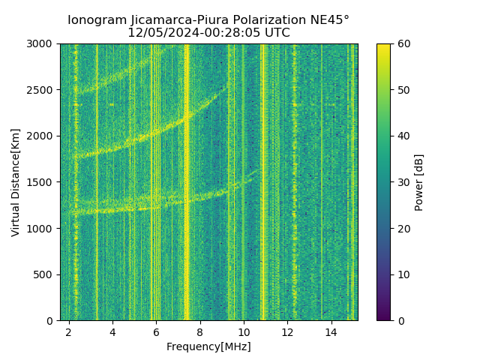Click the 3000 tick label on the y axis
(x=41, y=43)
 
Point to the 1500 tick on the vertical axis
(x=41, y=182)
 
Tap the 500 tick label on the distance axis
(x=44, y=274)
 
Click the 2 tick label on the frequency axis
(x=69, y=332)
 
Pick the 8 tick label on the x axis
(x=200, y=332)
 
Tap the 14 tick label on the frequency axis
(x=331, y=332)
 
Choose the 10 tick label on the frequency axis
(x=244, y=332)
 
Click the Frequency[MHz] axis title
(x=208, y=346)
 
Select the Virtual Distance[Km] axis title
(x=16, y=182)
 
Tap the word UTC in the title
(x=276, y=33)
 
